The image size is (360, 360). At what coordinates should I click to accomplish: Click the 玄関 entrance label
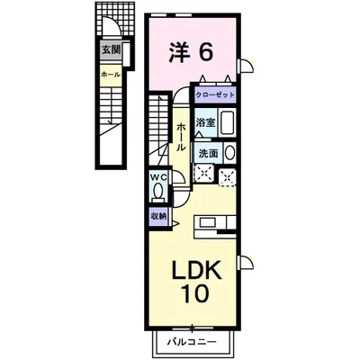pos(111,49)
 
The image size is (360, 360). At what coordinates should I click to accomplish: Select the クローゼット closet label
pos(215,95)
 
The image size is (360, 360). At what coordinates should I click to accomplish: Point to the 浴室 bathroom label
pos(205,122)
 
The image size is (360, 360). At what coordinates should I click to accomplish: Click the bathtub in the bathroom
pos(228,122)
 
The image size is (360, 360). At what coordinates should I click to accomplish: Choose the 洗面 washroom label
pos(208,154)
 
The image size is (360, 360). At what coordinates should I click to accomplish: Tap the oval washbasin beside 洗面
pos(229,153)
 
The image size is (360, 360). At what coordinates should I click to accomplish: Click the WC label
pos(158,177)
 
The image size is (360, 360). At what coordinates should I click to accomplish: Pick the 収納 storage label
pos(158,216)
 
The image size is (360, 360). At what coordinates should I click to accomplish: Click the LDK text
pos(196,270)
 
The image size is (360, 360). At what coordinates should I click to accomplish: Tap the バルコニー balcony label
pos(192,342)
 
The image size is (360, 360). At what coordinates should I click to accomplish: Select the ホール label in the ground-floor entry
pos(111,75)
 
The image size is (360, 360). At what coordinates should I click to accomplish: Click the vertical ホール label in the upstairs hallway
pos(181,137)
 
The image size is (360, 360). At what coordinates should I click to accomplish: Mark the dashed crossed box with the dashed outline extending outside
pos(227,177)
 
